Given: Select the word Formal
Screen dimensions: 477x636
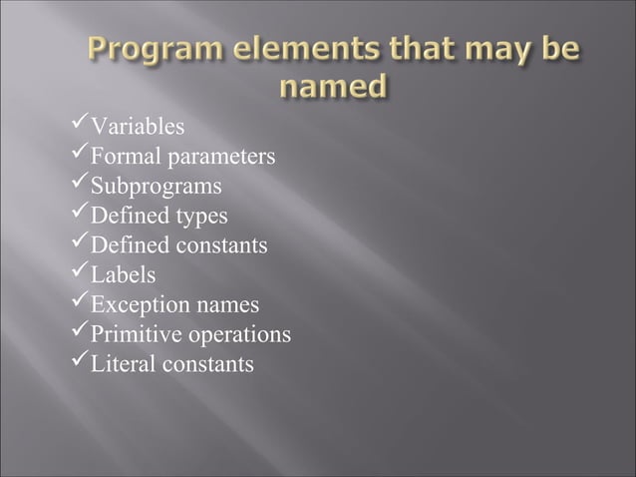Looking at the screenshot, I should click(118, 157).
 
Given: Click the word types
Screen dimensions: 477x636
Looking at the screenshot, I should click(202, 217).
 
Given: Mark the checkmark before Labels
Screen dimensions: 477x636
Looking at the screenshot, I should click(79, 272).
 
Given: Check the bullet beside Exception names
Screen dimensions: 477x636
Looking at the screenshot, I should click(79, 302).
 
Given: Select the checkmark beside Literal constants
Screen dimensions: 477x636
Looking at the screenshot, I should click(79, 362).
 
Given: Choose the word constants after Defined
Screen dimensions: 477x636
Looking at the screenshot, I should click(223, 245).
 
